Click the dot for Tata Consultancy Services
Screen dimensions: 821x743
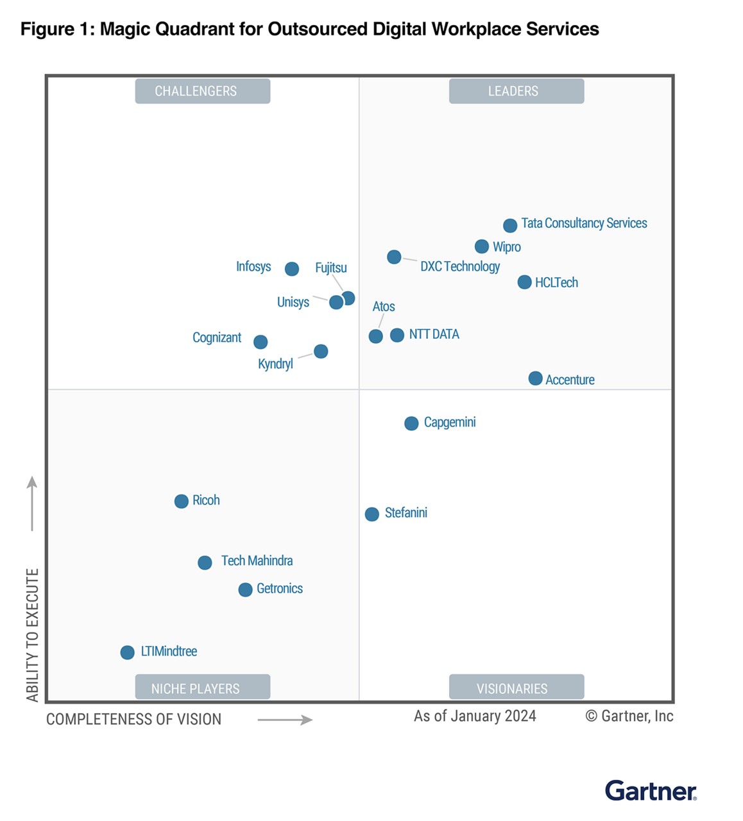coord(510,225)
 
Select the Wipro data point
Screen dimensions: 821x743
coord(482,246)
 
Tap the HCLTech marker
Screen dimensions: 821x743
coord(524,282)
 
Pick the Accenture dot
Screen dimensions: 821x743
coord(535,378)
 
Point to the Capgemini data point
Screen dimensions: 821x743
coord(411,423)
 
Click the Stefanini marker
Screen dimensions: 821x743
coord(372,514)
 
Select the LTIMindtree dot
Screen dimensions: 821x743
coord(128,652)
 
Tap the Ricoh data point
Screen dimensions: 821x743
coord(182,501)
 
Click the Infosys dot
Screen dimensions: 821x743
coord(292,269)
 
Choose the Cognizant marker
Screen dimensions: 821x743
coord(260,342)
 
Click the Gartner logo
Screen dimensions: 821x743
coord(651,790)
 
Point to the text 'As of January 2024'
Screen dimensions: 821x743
coord(475,716)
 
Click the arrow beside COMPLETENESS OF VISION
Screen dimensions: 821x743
coord(285,720)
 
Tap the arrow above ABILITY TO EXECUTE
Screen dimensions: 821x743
coord(32,504)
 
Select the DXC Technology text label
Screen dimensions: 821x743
coord(460,266)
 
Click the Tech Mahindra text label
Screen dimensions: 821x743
coord(257,561)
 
